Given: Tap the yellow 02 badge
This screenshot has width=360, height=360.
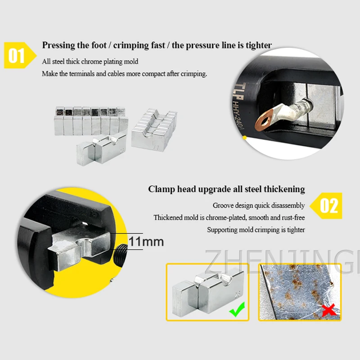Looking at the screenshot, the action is pyautogui.click(x=326, y=206).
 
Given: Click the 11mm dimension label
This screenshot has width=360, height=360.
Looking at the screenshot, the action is pyautogui.click(x=146, y=242).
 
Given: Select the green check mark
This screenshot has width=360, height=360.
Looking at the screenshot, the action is pyautogui.click(x=237, y=309).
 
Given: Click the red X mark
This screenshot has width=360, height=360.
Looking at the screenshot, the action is pyautogui.click(x=329, y=310).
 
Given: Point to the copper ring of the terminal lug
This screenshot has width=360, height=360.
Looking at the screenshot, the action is pyautogui.click(x=265, y=120).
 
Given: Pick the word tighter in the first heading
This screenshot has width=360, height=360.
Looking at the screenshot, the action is pyautogui.click(x=259, y=45).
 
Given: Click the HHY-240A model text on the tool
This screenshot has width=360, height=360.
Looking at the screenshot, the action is pyautogui.click(x=238, y=114).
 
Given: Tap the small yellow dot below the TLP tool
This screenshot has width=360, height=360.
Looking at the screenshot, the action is pyautogui.click(x=244, y=138).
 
